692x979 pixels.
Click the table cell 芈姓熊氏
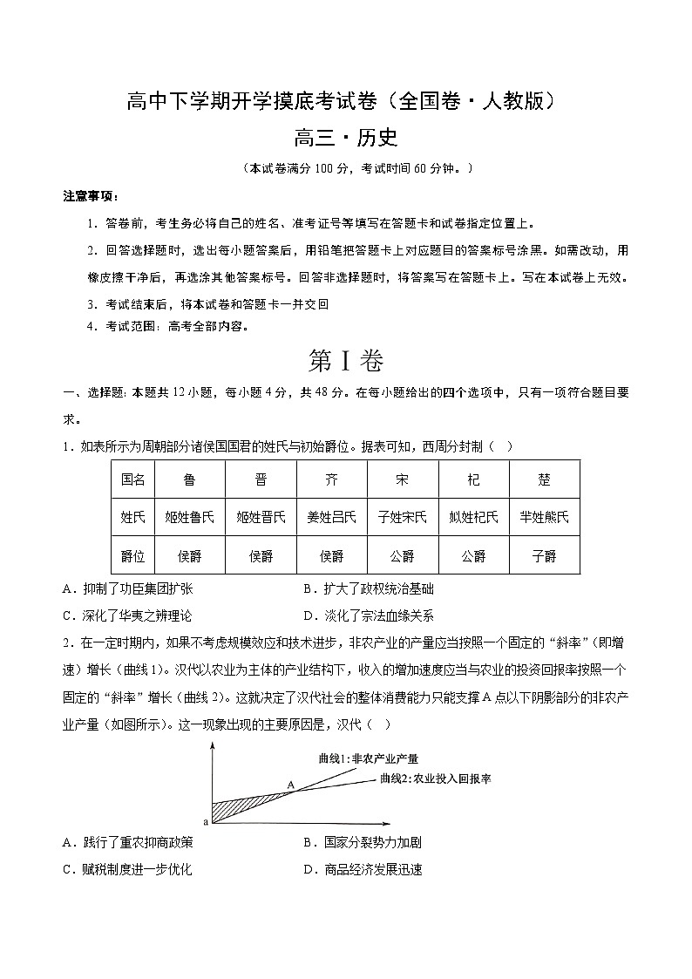[x=544, y=517]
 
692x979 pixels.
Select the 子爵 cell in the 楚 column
[x=544, y=555]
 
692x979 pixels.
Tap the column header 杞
[x=472, y=479]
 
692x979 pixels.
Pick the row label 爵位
[x=132, y=555]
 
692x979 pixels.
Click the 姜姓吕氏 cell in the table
[x=331, y=517]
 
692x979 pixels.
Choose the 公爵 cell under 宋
[x=402, y=555]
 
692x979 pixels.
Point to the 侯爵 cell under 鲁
[x=189, y=555]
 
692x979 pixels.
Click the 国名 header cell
[x=132, y=479]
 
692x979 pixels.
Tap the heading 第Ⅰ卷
[x=346, y=361]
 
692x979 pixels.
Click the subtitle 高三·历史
[x=346, y=139]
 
